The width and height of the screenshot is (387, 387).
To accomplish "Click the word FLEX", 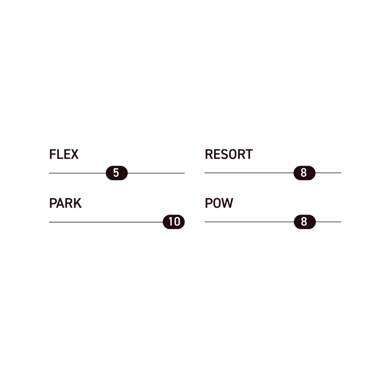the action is pos(64,154).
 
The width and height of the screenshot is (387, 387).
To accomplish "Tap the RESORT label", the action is pos(229,154).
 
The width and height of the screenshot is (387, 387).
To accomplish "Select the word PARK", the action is pos(65,203).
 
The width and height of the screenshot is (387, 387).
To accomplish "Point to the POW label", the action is pos(219,203).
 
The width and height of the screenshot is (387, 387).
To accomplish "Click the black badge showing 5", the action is pos(116,173).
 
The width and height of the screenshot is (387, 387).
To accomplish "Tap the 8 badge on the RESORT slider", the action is pos(304,173).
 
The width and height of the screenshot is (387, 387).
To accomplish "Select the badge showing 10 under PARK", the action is pos(174,222).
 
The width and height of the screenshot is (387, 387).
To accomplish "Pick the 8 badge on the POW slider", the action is pos(304,222).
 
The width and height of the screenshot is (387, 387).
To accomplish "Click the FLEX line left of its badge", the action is pos(77,173).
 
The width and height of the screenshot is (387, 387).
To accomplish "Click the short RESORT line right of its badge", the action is pos(328,173).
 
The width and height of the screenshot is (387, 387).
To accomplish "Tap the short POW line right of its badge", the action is pos(328,222).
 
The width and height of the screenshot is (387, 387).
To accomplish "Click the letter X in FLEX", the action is pos(74,154).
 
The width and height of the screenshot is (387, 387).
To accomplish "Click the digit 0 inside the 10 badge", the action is pos(177,222).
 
